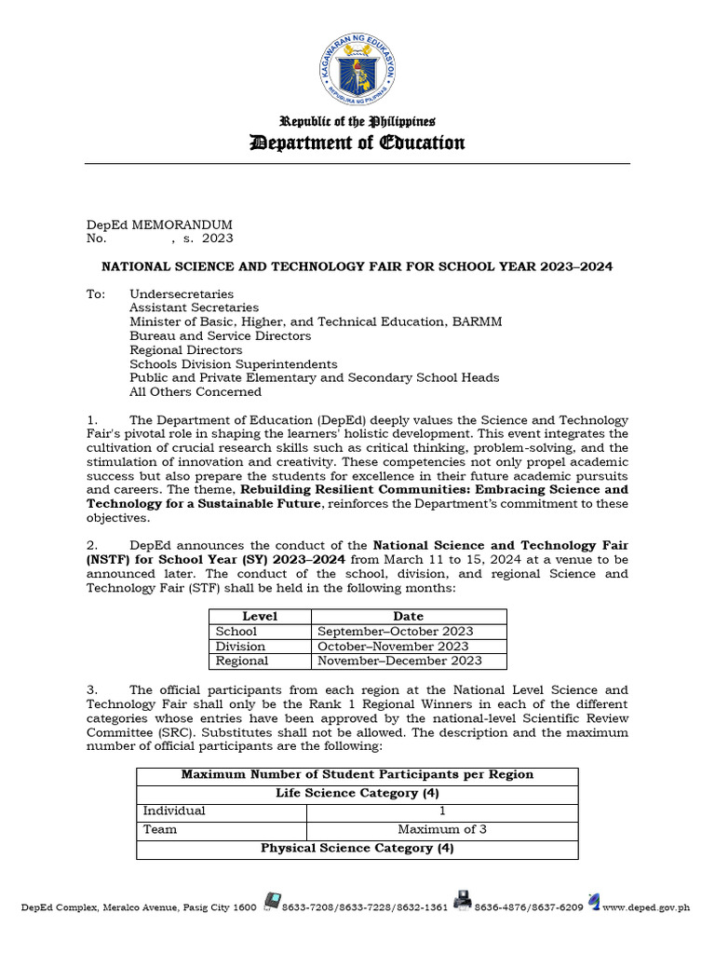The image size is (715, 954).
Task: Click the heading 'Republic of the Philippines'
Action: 357,122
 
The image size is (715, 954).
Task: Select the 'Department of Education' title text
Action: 357,143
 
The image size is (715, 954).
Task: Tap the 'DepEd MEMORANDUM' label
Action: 159,225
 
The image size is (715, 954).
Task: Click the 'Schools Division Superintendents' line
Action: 233,363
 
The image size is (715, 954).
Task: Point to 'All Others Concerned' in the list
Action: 196,391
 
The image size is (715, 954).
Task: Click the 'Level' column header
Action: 260,616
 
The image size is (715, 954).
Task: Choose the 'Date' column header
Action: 408,616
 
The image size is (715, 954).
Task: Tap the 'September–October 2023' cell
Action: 396,631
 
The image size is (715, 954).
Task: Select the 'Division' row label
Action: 240,646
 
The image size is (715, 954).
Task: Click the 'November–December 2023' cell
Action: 399,661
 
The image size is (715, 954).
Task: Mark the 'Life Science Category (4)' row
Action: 357,793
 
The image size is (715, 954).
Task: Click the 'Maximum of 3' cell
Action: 441,829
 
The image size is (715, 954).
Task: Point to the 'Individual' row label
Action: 174,811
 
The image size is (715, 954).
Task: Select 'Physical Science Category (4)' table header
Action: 357,848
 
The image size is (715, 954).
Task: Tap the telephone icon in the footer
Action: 272,901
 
